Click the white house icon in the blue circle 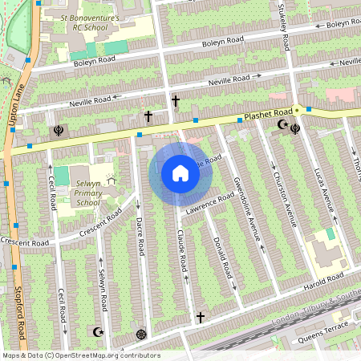[x=180, y=173]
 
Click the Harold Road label [x=325, y=280]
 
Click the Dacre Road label [x=139, y=236]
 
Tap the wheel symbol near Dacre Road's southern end [x=142, y=334]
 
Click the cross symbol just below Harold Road [x=201, y=318]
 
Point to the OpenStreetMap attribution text [x=81, y=355]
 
